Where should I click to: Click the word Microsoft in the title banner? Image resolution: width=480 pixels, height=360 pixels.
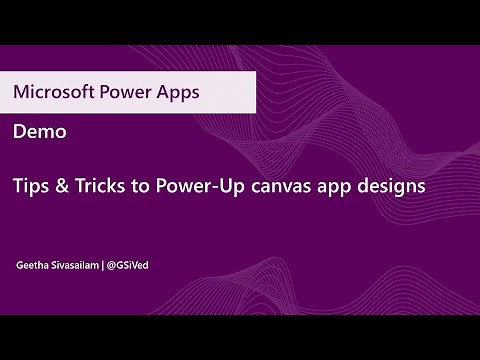click(x=50, y=92)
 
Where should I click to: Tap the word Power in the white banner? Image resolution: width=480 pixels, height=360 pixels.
click(x=123, y=92)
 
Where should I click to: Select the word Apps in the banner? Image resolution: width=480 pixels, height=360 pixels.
click(x=178, y=92)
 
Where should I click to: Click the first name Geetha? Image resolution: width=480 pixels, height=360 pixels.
click(x=33, y=267)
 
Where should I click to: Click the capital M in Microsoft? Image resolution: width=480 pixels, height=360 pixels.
click(x=22, y=92)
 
